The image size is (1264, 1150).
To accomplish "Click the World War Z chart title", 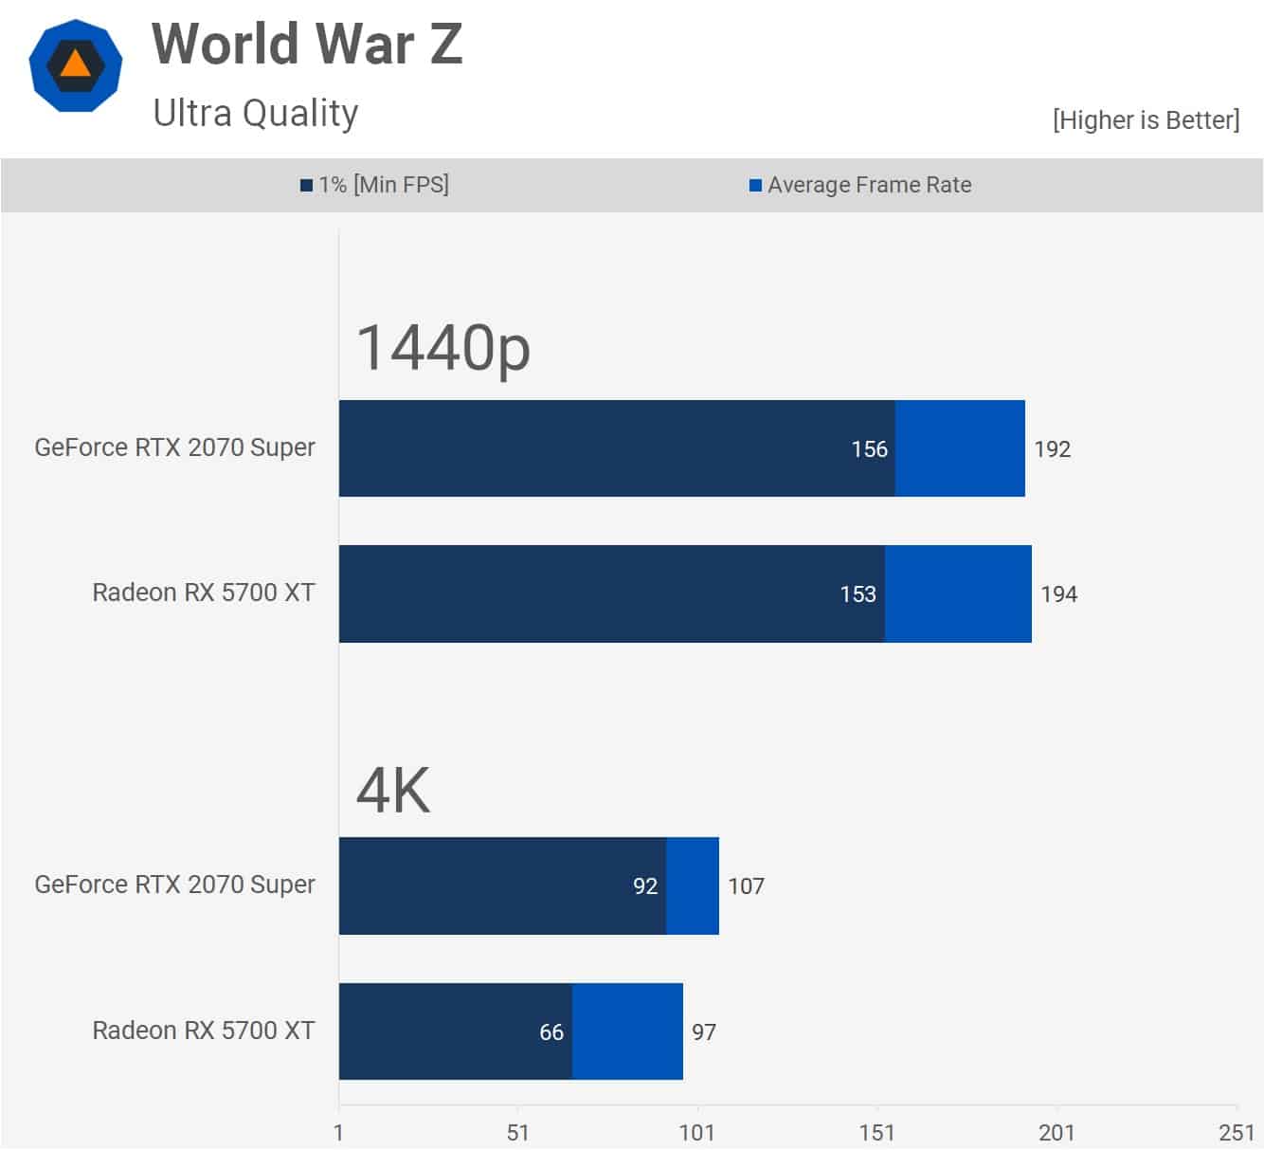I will coord(307,45).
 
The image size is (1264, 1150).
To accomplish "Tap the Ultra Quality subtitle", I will coord(256,113).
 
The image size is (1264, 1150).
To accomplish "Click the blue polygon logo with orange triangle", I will coord(75,65).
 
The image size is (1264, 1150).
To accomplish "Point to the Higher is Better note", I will coord(1145,120).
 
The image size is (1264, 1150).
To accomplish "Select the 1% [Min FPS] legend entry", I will coord(375,185).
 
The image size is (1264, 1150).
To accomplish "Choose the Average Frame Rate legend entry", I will coord(860,185).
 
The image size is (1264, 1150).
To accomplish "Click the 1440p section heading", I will coord(442,348).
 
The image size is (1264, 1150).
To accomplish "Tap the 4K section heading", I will coord(393,791).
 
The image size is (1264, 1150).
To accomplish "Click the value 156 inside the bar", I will coord(869,449).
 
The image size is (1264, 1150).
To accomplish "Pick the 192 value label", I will coord(1052,449).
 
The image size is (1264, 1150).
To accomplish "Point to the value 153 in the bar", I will coord(858,594).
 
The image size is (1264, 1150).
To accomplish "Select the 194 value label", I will coord(1058,594).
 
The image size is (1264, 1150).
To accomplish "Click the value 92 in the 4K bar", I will coord(645,886).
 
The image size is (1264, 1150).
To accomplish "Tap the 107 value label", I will coord(746,886).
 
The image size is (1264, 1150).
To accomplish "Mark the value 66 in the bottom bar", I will coord(551,1032).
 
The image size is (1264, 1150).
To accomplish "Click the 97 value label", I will coord(704,1032).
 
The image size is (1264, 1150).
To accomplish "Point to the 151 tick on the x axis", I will coord(876,1133).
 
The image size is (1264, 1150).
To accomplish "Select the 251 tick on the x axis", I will coord(1237,1133).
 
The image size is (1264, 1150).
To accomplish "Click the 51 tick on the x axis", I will coord(517,1133).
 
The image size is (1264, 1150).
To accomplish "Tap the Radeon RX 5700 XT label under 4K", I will coord(203,1031).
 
